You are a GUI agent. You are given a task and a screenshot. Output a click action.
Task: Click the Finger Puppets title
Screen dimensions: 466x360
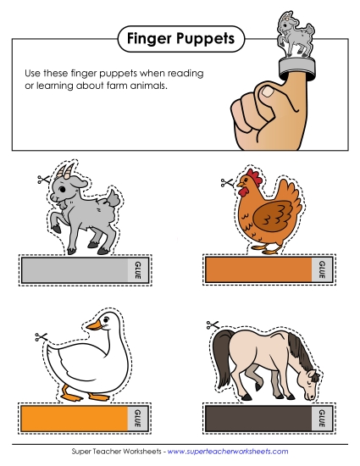tap(179, 37)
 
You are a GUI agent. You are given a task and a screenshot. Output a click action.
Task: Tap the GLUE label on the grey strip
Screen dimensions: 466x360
tap(136, 270)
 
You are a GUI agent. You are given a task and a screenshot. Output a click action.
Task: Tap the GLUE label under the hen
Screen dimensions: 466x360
tap(321, 270)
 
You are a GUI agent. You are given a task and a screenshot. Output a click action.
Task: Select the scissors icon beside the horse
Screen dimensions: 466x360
tap(213, 324)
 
